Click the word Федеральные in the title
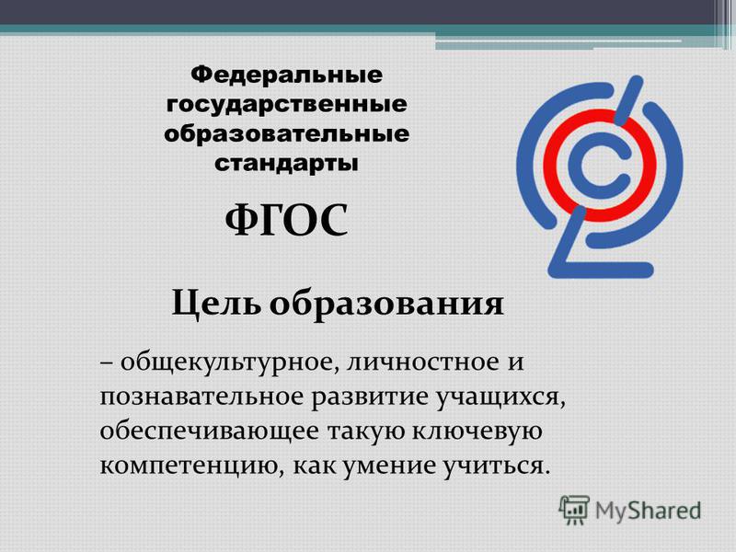click(x=286, y=76)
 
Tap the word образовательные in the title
click(x=286, y=134)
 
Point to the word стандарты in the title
click(x=286, y=165)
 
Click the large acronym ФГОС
click(x=286, y=221)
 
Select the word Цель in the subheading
click(x=216, y=304)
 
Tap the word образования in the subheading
click(x=386, y=305)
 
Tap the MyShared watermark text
click(x=649, y=511)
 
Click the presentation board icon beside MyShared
click(x=573, y=510)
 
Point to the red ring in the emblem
click(x=546, y=166)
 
